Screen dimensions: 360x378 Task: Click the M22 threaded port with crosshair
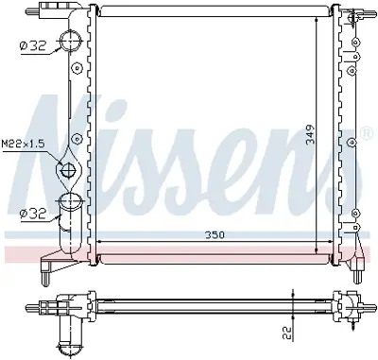tap(69, 171)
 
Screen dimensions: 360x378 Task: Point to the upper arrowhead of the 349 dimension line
tap(316, 19)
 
